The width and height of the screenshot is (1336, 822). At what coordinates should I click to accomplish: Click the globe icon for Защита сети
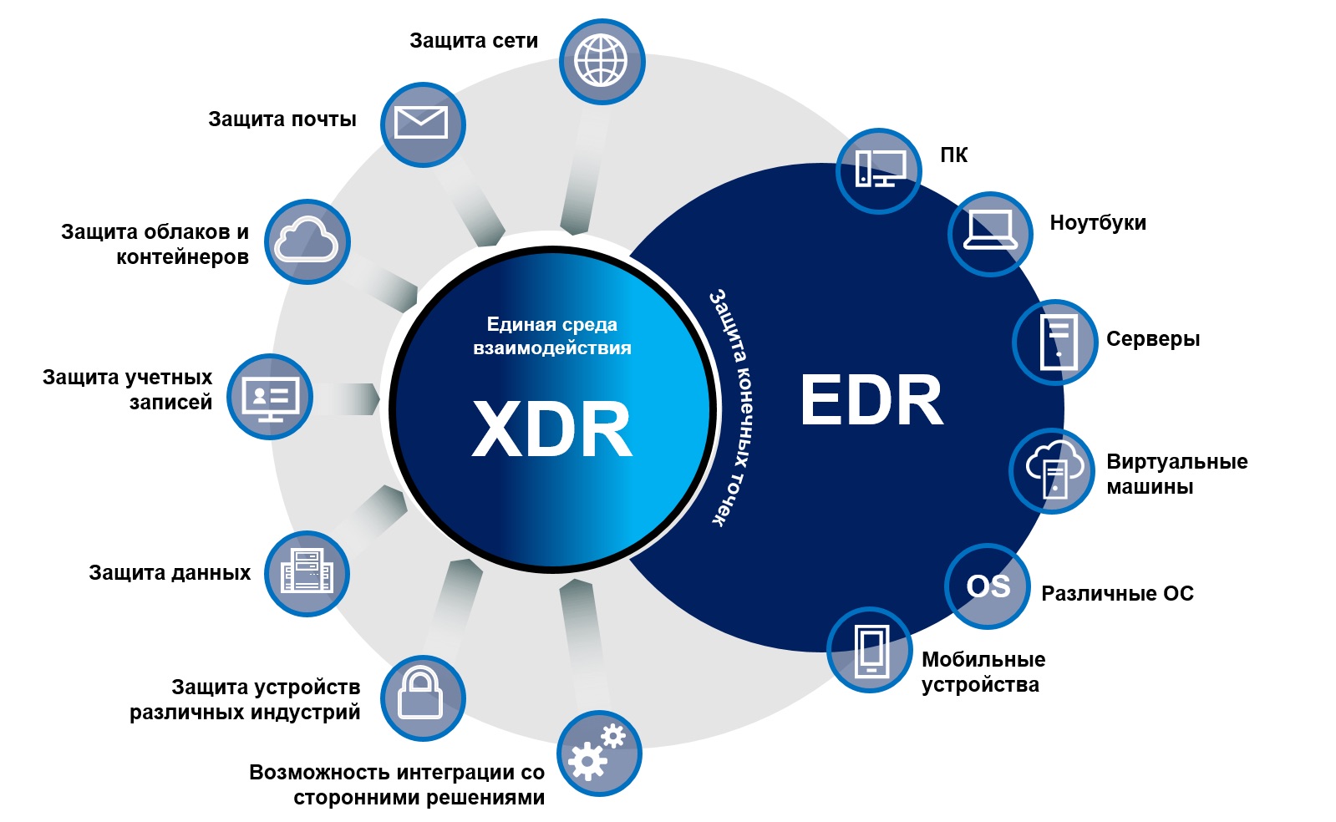tap(602, 62)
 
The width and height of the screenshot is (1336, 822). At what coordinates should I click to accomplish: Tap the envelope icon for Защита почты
tap(423, 124)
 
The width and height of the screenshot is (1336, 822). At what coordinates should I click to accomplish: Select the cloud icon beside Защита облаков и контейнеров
tap(307, 241)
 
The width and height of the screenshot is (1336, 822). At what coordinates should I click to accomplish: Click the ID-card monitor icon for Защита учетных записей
tap(270, 397)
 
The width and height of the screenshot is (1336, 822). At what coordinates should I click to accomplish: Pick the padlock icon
tap(423, 698)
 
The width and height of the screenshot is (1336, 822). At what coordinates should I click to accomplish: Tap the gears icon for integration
tap(599, 753)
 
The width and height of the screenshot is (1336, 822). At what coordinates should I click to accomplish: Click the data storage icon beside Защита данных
tap(307, 573)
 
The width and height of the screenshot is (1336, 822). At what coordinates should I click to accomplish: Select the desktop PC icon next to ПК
tap(878, 170)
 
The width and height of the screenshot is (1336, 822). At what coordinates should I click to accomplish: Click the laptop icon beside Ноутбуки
tap(990, 234)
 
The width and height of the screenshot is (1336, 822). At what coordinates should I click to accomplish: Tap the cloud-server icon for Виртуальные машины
tap(1052, 470)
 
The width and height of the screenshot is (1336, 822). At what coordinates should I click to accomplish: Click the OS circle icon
tap(988, 586)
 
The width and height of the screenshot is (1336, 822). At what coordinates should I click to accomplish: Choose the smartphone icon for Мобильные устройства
tap(870, 650)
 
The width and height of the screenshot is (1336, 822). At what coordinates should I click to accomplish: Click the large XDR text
tap(551, 429)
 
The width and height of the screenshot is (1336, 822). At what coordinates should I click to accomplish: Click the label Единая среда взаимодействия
tap(551, 336)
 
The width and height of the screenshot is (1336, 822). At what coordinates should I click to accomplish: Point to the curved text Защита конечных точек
tap(733, 408)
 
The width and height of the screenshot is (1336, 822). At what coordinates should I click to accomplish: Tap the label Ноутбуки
tap(1097, 222)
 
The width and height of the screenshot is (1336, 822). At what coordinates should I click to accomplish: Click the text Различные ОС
tap(1117, 594)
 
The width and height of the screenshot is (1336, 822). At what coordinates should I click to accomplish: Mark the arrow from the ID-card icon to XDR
tap(347, 398)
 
